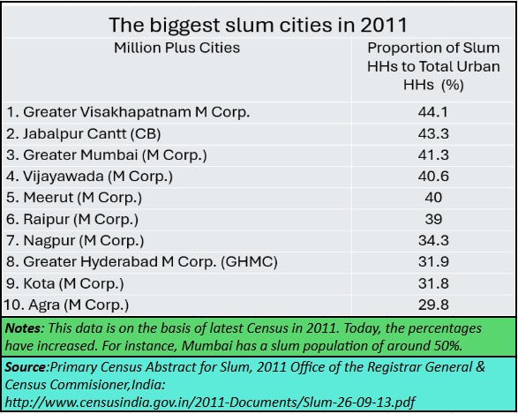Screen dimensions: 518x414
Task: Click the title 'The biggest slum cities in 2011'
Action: [x=258, y=25]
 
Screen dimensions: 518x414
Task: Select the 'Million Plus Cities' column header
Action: [x=176, y=48]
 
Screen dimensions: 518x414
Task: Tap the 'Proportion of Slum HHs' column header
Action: [x=433, y=66]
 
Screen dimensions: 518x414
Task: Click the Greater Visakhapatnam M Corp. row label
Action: [x=128, y=112]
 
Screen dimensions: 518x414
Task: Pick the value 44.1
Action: [x=433, y=112]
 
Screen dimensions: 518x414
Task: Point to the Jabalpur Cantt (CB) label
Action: [x=83, y=134]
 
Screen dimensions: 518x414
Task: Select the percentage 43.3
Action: [x=433, y=134]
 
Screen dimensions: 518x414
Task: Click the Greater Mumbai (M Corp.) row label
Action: [x=107, y=155]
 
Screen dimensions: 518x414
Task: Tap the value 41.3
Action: [x=433, y=155]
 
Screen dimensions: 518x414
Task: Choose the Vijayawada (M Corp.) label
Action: [x=89, y=177]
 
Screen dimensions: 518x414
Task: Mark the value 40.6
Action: [x=433, y=177]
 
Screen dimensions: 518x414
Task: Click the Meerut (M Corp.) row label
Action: [x=74, y=198]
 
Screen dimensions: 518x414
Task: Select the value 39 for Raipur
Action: [x=433, y=219]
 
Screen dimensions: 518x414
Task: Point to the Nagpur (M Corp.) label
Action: [x=75, y=240]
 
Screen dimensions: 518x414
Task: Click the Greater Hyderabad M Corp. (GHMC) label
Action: [x=142, y=261]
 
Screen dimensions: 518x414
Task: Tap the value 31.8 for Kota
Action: [x=433, y=283]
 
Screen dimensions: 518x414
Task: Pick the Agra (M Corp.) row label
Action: [x=66, y=305]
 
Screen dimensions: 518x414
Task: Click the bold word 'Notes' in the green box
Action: [x=22, y=328]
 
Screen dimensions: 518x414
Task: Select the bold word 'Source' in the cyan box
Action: [x=26, y=367]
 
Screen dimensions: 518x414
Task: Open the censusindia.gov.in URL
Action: [x=210, y=403]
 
